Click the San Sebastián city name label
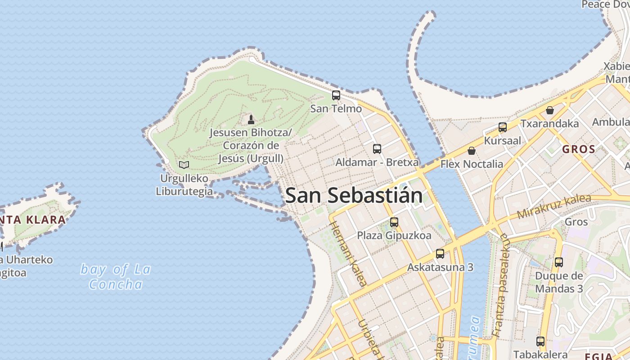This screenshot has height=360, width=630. click(354, 195)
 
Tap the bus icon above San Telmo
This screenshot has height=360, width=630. click(336, 95)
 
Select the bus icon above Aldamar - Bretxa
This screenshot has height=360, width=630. click(377, 149)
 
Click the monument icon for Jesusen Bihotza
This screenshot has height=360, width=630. click(251, 119)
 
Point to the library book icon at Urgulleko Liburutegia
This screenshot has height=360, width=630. click(184, 165)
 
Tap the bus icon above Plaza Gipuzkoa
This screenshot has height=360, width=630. click(394, 222)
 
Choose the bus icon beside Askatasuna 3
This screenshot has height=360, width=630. click(440, 254)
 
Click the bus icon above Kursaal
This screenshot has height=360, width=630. click(503, 127)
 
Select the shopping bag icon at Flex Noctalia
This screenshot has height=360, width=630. click(472, 151)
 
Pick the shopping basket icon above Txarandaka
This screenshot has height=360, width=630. click(550, 110)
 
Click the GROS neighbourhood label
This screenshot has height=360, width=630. click(579, 149)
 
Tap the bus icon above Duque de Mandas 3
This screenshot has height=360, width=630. click(559, 262)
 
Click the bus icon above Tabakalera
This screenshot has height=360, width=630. click(540, 342)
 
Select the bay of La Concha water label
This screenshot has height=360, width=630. click(115, 277)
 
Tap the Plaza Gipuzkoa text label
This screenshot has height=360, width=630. click(394, 235)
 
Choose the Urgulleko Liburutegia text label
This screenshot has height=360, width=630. click(184, 185)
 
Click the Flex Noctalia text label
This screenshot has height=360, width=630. click(472, 164)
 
